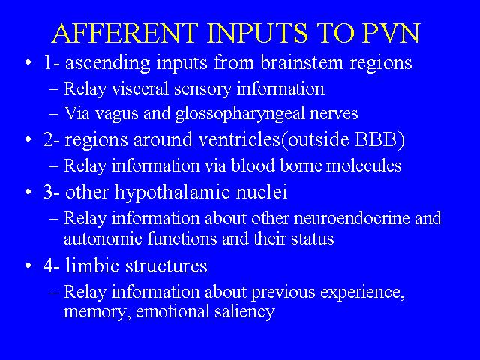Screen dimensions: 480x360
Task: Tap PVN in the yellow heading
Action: pos(391,33)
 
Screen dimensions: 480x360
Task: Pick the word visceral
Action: pos(140,88)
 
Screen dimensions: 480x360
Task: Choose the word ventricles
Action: pos(240,140)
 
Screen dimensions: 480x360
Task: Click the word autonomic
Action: pos(103,238)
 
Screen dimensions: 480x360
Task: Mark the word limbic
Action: pos(92,265)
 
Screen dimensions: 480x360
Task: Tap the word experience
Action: pos(362,292)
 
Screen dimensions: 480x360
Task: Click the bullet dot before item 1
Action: pos(28,62)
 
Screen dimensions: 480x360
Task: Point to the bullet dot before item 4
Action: pos(28,265)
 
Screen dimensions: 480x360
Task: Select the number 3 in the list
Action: pos(48,193)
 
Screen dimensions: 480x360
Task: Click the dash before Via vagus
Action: pos(53,113)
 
